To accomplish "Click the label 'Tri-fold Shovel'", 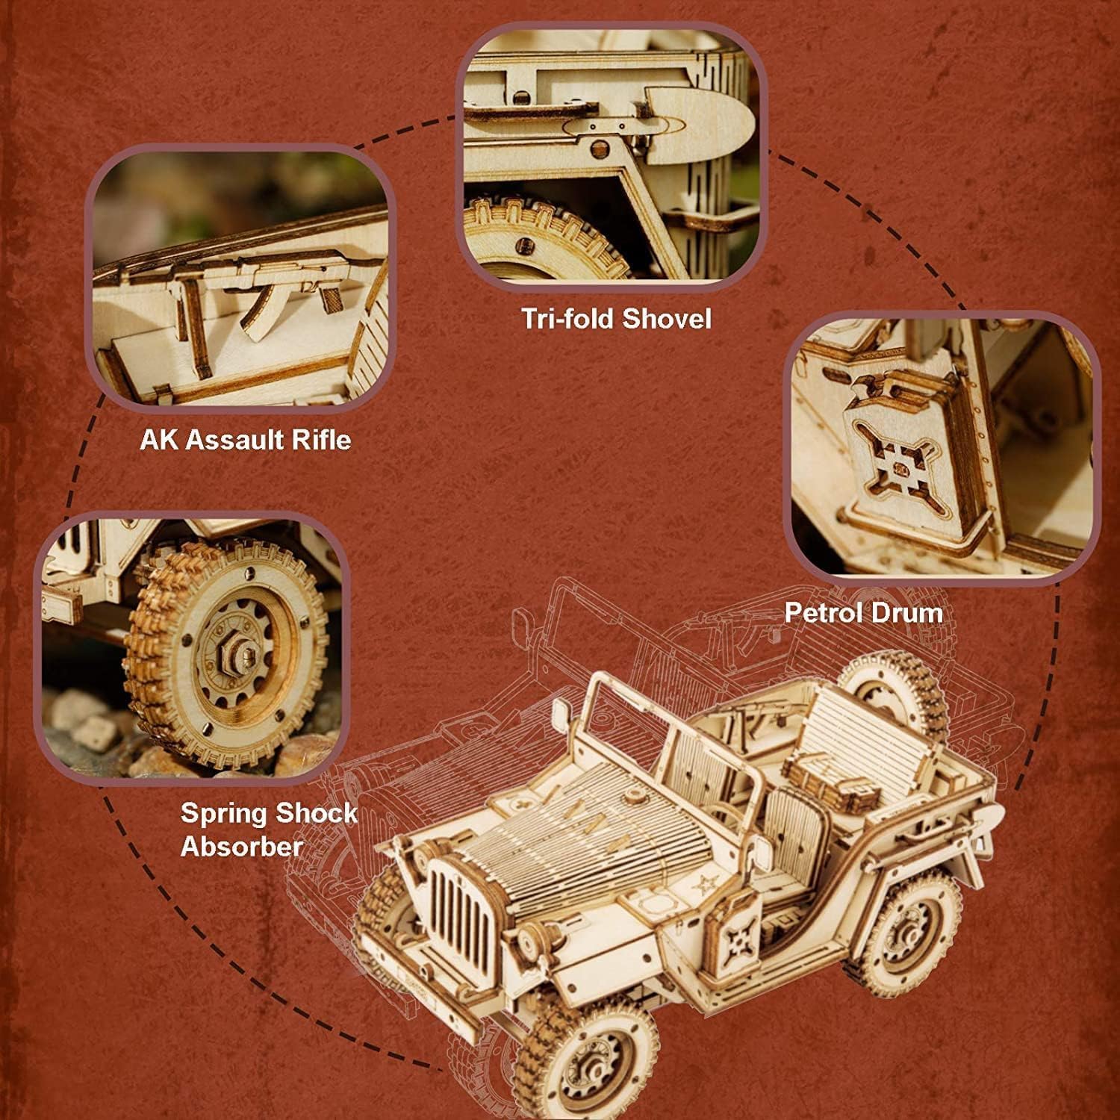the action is (616, 319).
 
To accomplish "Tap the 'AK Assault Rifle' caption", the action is (245, 439).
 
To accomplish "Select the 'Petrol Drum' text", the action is (863, 613).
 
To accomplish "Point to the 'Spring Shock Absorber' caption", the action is (269, 829).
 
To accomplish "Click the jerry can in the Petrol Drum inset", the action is (907, 455).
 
